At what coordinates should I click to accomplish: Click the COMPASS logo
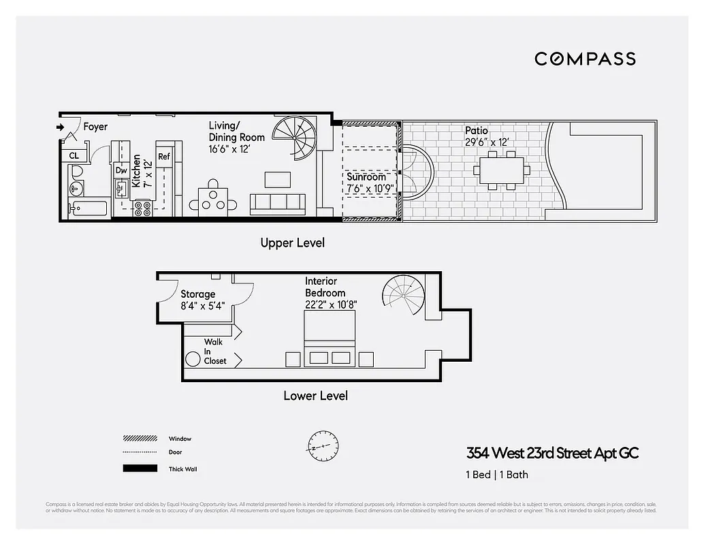[x=585, y=59]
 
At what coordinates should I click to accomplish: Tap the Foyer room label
[x=95, y=127]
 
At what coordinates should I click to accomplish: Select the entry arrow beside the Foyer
[x=60, y=127]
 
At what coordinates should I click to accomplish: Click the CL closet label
[x=74, y=156]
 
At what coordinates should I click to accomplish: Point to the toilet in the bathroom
[x=76, y=171]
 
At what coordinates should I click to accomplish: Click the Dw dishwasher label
[x=121, y=170]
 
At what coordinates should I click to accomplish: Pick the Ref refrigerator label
[x=163, y=157]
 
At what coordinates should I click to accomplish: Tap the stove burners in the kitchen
[x=143, y=208]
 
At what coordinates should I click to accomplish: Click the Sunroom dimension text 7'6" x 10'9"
[x=371, y=188]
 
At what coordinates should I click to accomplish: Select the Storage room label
[x=197, y=294]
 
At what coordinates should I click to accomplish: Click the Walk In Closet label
[x=215, y=352]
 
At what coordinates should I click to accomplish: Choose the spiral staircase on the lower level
[x=404, y=297]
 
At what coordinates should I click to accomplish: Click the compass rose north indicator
[x=322, y=447]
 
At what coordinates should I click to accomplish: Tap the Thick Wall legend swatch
[x=140, y=469]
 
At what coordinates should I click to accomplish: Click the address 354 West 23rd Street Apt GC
[x=552, y=453]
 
